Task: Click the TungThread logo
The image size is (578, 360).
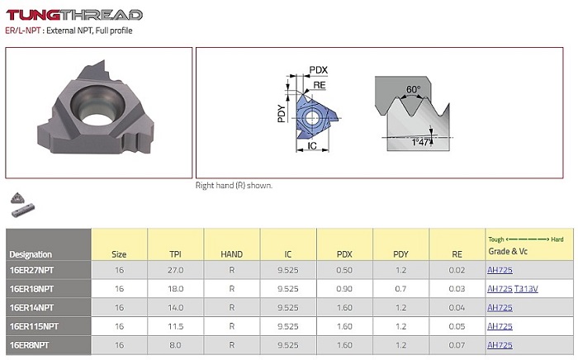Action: [74, 15]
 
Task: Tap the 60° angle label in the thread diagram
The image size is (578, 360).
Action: [413, 89]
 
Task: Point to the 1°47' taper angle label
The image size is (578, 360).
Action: [420, 142]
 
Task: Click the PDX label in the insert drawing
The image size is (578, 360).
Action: [319, 70]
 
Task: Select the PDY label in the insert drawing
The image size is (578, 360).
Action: [282, 113]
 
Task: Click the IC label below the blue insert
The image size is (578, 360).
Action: [312, 146]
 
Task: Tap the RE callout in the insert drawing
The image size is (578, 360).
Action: [320, 85]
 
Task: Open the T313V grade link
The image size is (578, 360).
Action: [526, 289]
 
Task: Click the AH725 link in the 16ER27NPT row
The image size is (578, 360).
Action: [500, 270]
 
